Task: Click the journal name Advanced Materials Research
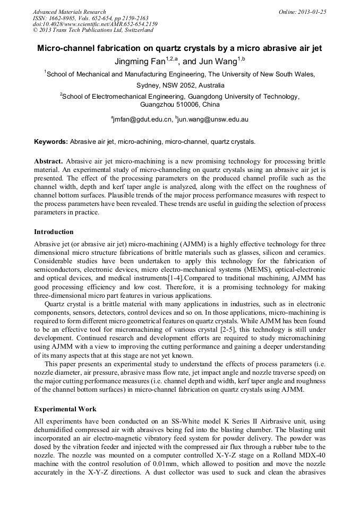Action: pyautogui.click(x=69, y=12)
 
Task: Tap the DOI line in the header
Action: pyautogui.click(x=95, y=24)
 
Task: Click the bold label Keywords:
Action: pyautogui.click(x=51, y=142)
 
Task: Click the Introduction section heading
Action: pyautogui.click(x=54, y=232)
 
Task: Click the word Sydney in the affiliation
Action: pyautogui.click(x=149, y=85)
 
